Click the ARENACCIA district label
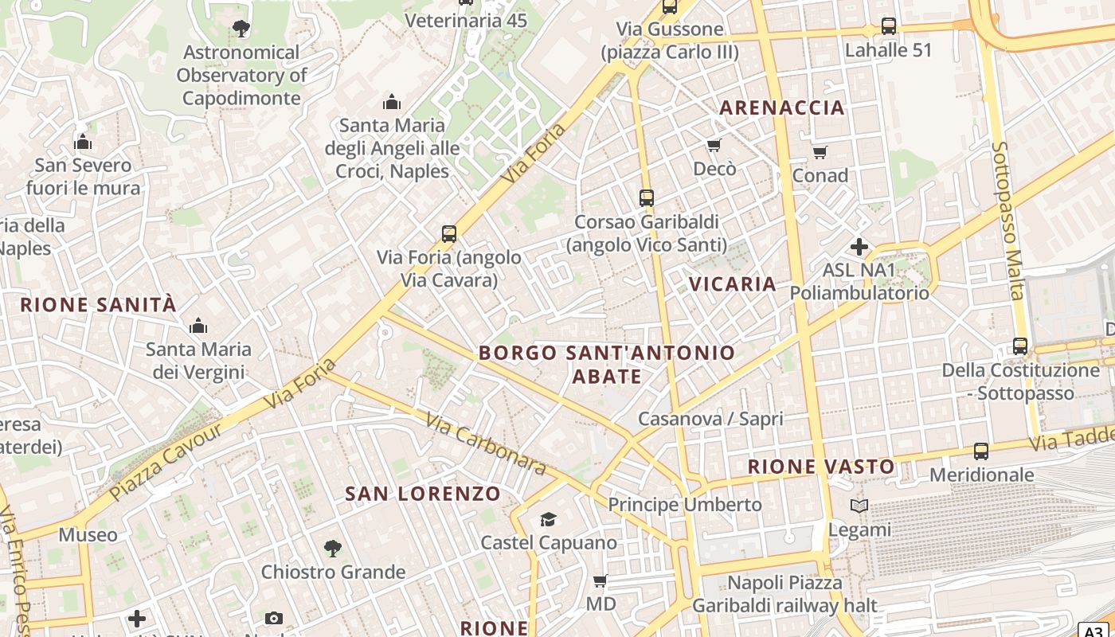pyautogui.click(x=781, y=108)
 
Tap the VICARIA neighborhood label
pyautogui.click(x=732, y=284)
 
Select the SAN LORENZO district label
pyautogui.click(x=423, y=494)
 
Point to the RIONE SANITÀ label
pyautogui.click(x=98, y=305)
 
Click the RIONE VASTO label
pyautogui.click(x=821, y=467)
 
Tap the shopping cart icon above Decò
pyautogui.click(x=714, y=146)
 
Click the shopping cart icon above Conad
pyautogui.click(x=820, y=152)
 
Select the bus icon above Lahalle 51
pyautogui.click(x=889, y=26)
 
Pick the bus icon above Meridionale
pyautogui.click(x=981, y=451)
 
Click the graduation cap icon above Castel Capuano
pyautogui.click(x=548, y=520)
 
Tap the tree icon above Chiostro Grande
pyautogui.click(x=333, y=549)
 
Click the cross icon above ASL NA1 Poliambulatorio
pyautogui.click(x=859, y=247)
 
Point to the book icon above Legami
pyautogui.click(x=859, y=506)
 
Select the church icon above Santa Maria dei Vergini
pyautogui.click(x=198, y=326)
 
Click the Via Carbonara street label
pyautogui.click(x=485, y=444)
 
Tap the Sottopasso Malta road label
pyautogui.click(x=1007, y=221)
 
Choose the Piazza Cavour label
pyautogui.click(x=166, y=462)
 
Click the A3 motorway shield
pyautogui.click(x=1095, y=630)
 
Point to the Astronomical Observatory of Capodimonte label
pyautogui.click(x=241, y=76)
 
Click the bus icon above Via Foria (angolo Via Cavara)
pyautogui.click(x=449, y=234)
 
